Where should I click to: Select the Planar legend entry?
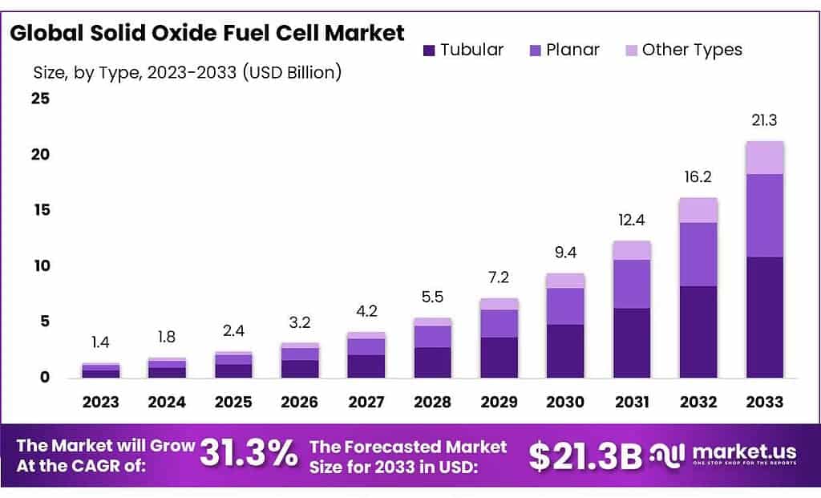(x=564, y=50)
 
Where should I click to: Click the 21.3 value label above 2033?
(x=765, y=120)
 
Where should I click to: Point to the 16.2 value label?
(x=698, y=177)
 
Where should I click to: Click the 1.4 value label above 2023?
(x=100, y=342)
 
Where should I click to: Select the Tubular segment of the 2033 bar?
(x=765, y=317)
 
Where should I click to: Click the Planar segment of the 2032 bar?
(x=698, y=254)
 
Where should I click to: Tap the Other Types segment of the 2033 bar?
(x=765, y=158)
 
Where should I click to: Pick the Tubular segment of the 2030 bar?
(x=565, y=350)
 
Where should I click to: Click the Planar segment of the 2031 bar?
(x=632, y=284)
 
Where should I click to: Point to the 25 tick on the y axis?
(x=40, y=99)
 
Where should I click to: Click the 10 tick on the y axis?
(x=40, y=265)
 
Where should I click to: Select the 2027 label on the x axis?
(x=366, y=402)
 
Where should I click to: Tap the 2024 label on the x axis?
(x=167, y=402)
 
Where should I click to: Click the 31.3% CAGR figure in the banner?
(x=248, y=455)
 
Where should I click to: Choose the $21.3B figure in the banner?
(x=585, y=455)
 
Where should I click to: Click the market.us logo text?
(x=749, y=451)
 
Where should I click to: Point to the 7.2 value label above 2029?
(x=499, y=277)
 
